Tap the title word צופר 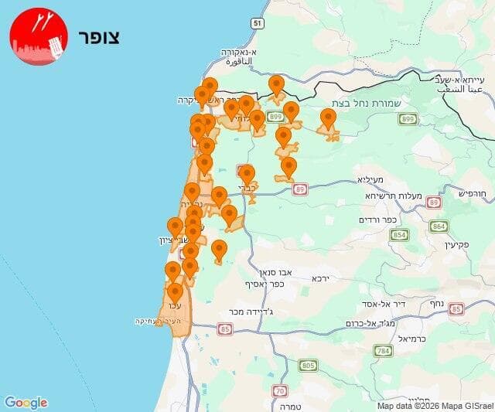[99, 38]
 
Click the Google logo [26, 402]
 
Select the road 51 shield [257, 24]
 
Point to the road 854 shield [399, 235]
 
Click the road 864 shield [439, 226]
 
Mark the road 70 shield [280, 390]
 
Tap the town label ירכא [320, 278]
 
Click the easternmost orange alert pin [328, 119]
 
